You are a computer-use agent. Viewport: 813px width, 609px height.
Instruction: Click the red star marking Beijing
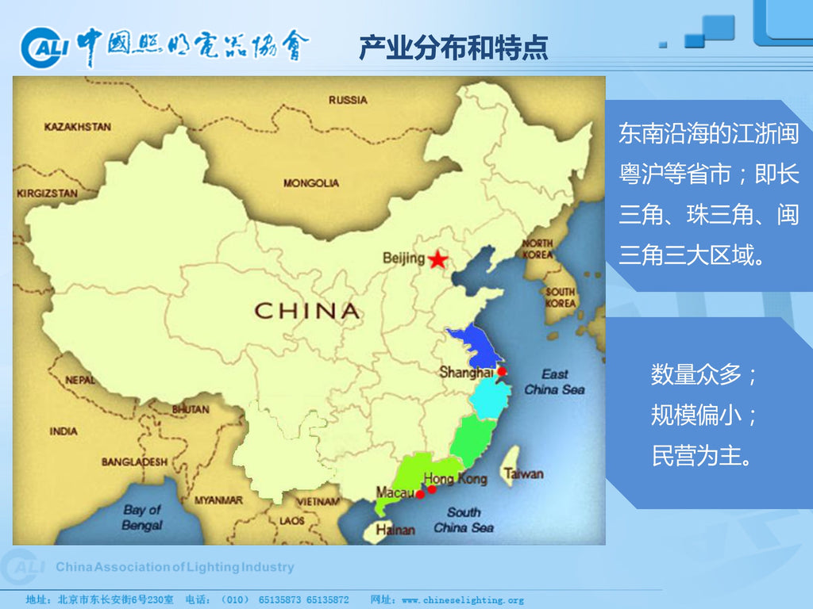tap(437, 259)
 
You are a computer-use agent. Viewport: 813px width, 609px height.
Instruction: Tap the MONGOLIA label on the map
tap(311, 183)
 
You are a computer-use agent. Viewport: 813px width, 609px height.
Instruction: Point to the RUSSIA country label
tap(348, 100)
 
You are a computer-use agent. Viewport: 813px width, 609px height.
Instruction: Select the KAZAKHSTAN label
tap(78, 127)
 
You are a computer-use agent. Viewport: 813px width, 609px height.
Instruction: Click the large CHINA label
tap(306, 311)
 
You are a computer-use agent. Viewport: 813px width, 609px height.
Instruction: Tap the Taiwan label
tap(523, 473)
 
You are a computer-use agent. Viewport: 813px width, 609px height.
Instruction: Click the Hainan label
tap(395, 530)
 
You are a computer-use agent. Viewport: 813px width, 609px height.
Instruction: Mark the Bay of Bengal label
tap(142, 517)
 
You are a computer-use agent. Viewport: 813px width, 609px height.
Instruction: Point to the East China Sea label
tap(554, 381)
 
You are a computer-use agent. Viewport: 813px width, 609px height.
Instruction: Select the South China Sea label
tap(464, 520)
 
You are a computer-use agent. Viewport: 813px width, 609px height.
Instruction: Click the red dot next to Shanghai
tap(502, 371)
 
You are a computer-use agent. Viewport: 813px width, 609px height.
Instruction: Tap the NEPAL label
tap(79, 380)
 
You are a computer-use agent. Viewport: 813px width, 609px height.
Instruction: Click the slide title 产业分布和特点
tap(453, 48)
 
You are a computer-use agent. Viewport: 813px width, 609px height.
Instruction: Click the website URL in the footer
tap(463, 600)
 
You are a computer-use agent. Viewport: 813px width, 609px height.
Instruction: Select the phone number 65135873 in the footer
tap(279, 600)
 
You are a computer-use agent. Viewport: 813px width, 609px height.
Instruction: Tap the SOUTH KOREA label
tap(560, 297)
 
